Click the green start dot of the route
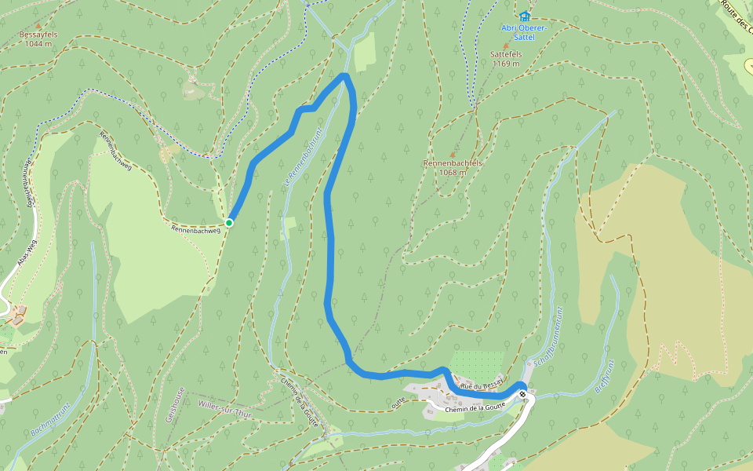click(229, 223)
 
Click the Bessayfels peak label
click(39, 35)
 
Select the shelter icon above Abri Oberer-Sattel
click(524, 16)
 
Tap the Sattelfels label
click(506, 53)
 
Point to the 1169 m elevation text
click(507, 64)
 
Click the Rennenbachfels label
click(452, 162)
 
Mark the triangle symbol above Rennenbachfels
click(452, 154)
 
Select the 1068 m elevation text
click(453, 172)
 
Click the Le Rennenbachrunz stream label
click(303, 157)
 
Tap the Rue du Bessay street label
click(476, 386)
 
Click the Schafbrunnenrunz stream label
click(547, 338)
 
